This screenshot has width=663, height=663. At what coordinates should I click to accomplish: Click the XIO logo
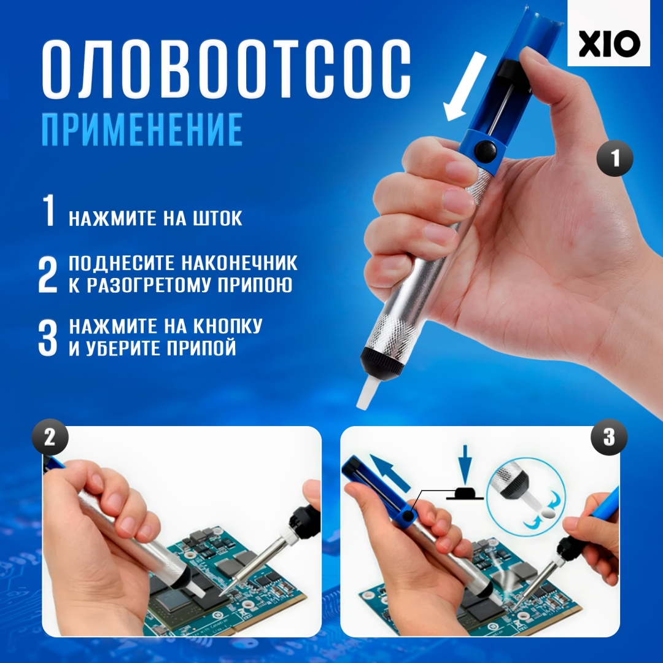(x=608, y=44)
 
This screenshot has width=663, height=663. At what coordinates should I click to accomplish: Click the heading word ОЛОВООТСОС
(x=226, y=69)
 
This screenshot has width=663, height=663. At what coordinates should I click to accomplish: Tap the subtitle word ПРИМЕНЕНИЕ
(x=142, y=130)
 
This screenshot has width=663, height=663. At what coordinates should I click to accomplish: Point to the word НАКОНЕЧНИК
(x=240, y=263)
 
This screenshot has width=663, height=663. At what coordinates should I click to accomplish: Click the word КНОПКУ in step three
(x=228, y=326)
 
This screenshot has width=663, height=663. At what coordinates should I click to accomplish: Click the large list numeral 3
(x=47, y=338)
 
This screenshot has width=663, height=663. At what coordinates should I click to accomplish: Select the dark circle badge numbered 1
(x=615, y=158)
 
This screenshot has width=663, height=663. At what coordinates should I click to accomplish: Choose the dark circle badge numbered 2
(x=50, y=437)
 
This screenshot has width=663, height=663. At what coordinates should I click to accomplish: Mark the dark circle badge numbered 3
(x=609, y=437)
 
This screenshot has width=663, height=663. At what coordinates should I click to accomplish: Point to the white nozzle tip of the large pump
(x=366, y=394)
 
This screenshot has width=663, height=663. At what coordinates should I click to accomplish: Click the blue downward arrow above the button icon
(x=465, y=464)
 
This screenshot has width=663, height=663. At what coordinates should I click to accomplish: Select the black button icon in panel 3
(x=465, y=494)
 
